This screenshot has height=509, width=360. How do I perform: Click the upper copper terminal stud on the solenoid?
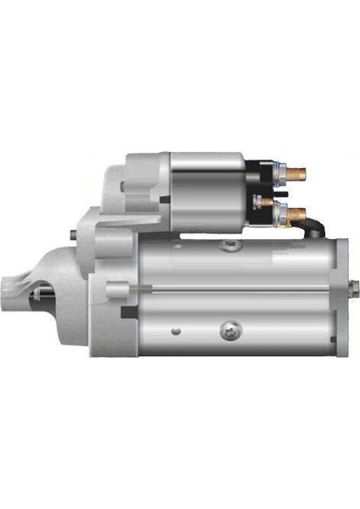point(295,174)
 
